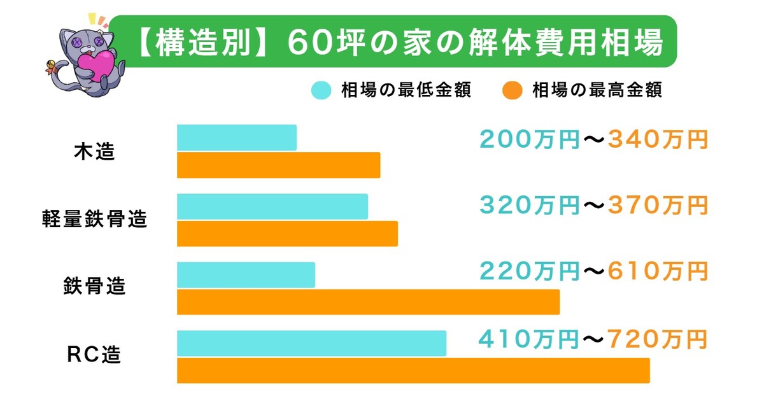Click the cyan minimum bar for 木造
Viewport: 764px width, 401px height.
click(x=237, y=137)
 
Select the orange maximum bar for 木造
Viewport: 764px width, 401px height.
click(x=278, y=165)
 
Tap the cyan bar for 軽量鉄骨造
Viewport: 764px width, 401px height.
click(x=272, y=206)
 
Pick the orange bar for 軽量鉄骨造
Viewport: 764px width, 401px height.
click(x=287, y=234)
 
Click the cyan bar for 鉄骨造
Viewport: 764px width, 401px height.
click(x=246, y=274)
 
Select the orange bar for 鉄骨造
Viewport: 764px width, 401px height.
click(x=368, y=302)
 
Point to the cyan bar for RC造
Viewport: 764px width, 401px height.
click(x=311, y=343)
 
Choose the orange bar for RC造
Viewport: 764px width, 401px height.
click(x=413, y=370)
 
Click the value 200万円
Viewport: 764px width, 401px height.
click(x=529, y=139)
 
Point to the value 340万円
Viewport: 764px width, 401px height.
click(x=658, y=139)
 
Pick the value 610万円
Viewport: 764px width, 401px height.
click(x=658, y=272)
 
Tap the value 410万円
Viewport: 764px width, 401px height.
click(x=529, y=339)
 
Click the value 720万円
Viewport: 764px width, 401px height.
click(x=658, y=339)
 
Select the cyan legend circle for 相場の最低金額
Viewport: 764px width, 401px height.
click(x=322, y=90)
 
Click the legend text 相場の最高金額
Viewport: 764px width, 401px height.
click(x=597, y=90)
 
